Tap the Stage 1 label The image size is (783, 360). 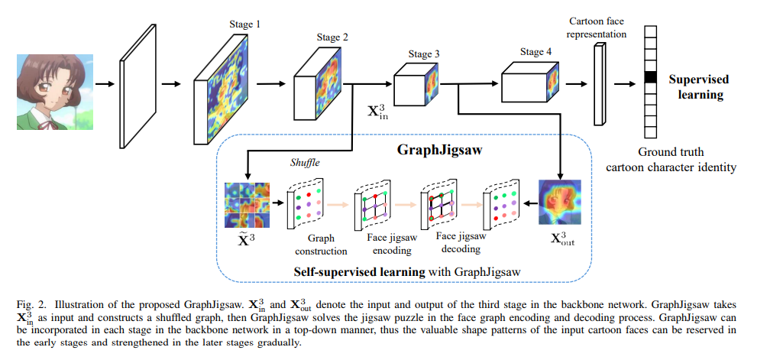coord(245,24)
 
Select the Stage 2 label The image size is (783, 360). coord(333,37)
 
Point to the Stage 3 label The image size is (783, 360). coord(424,54)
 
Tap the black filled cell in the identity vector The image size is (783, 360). coord(650,76)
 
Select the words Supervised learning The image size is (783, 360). coord(698,86)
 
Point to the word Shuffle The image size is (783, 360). coord(305,163)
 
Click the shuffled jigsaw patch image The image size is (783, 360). coord(247,204)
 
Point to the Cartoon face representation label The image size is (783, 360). coord(597,28)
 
